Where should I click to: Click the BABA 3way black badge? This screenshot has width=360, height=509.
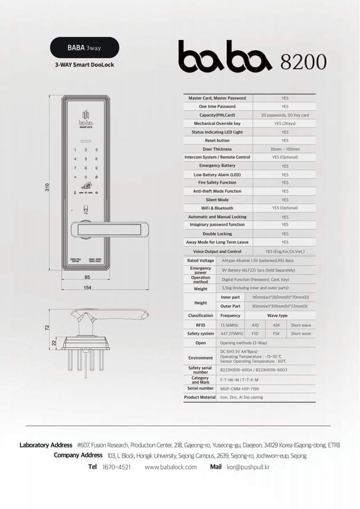point(84,47)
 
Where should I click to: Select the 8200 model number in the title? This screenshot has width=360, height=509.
point(303,62)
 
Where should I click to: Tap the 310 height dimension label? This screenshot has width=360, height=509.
point(47,187)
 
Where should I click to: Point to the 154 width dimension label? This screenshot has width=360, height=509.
point(87,288)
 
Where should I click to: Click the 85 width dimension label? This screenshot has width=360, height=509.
point(87,277)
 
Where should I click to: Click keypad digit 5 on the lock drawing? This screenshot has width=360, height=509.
point(86,159)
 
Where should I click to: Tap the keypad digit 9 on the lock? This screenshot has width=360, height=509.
point(96,168)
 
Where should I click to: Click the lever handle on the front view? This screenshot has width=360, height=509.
point(109,229)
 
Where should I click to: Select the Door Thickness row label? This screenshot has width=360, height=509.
point(217,149)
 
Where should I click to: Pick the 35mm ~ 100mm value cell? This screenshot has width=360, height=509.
point(285,149)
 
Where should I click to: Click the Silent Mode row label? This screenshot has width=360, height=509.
point(217,200)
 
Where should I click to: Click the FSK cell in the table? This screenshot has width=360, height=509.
point(276,333)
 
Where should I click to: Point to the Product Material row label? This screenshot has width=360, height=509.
point(200,397)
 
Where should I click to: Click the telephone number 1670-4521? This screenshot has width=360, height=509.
point(116,467)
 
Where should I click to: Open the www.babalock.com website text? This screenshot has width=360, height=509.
point(171,467)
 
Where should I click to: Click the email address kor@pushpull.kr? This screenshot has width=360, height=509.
point(248,467)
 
